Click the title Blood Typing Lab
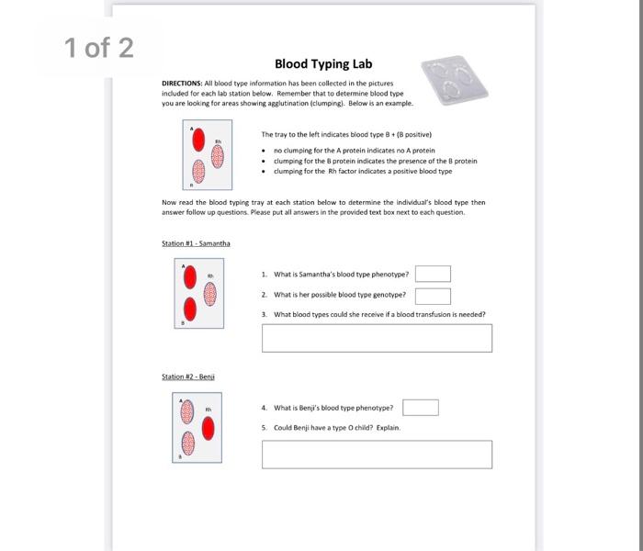[311, 64]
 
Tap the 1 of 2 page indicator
[99, 48]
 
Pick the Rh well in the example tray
[218, 156]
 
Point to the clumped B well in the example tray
[197, 172]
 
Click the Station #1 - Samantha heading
[196, 243]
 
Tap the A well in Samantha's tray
[189, 276]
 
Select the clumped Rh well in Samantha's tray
[209, 293]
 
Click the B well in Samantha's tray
[189, 308]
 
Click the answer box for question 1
[433, 274]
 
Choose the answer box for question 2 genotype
[433, 296]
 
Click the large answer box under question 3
[377, 337]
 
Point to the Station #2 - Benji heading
[189, 377]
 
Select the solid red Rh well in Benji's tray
[209, 428]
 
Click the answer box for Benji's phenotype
[420, 408]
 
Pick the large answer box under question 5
[377, 454]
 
